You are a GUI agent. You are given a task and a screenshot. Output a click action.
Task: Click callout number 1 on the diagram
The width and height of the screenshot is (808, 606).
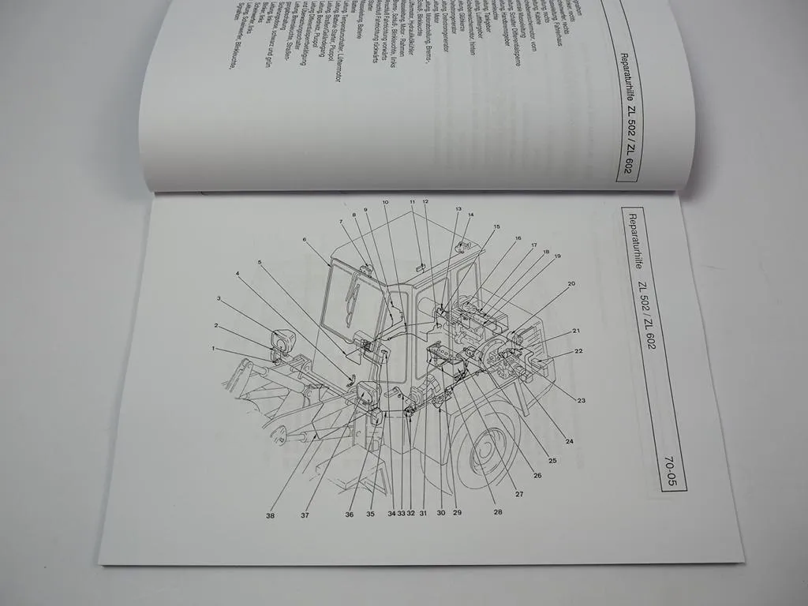214,348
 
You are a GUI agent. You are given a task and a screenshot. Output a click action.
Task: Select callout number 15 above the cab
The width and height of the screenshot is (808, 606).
496,227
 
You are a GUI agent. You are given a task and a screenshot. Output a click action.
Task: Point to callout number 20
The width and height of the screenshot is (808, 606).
570,283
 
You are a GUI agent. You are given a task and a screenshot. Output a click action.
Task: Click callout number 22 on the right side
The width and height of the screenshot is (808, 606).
578,351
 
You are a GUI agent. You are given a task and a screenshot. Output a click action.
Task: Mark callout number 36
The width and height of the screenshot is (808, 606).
350,514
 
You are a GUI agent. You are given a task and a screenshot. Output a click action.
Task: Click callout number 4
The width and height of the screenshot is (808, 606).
238,273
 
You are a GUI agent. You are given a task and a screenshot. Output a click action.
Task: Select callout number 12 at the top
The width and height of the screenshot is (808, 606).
425,202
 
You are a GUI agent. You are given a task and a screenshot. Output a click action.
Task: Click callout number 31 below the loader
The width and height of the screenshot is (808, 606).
422,514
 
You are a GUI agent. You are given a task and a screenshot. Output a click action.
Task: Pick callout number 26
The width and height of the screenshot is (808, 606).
537,475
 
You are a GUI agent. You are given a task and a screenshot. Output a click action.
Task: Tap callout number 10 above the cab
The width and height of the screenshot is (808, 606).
385,203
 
